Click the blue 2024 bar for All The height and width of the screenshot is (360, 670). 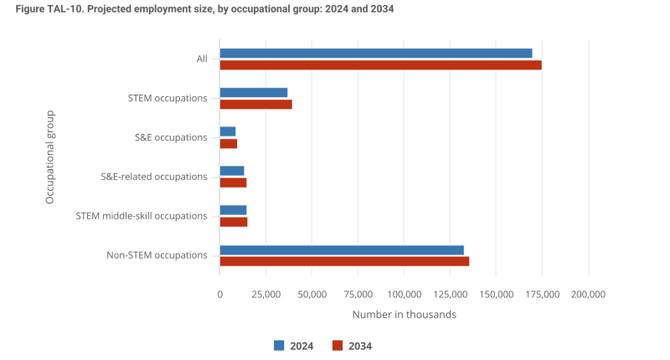coord(376,53)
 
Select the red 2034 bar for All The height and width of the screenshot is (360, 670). coord(380,64)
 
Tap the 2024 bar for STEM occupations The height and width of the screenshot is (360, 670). coord(254,92)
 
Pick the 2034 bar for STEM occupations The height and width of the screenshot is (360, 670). coord(256,104)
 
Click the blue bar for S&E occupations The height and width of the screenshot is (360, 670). coord(228,131)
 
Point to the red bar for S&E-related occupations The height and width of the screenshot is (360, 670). coord(233,183)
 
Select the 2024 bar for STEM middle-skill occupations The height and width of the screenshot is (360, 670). coord(233,210)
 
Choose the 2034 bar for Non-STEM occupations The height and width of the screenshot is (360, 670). coord(344,261)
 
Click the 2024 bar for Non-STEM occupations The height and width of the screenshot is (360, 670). coord(342,249)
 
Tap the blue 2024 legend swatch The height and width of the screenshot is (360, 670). coord(279,346)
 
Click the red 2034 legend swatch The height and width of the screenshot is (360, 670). coord(338,346)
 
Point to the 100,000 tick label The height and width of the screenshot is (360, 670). coord(404,295)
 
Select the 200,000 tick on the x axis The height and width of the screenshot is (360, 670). coord(588,295)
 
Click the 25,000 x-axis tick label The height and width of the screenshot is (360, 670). coord(265,295)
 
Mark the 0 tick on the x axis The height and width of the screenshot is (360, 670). coord(219,295)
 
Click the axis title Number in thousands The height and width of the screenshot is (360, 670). coord(404,315)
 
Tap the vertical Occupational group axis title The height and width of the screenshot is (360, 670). coord(49,157)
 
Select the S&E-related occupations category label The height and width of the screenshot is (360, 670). coord(154,177)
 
